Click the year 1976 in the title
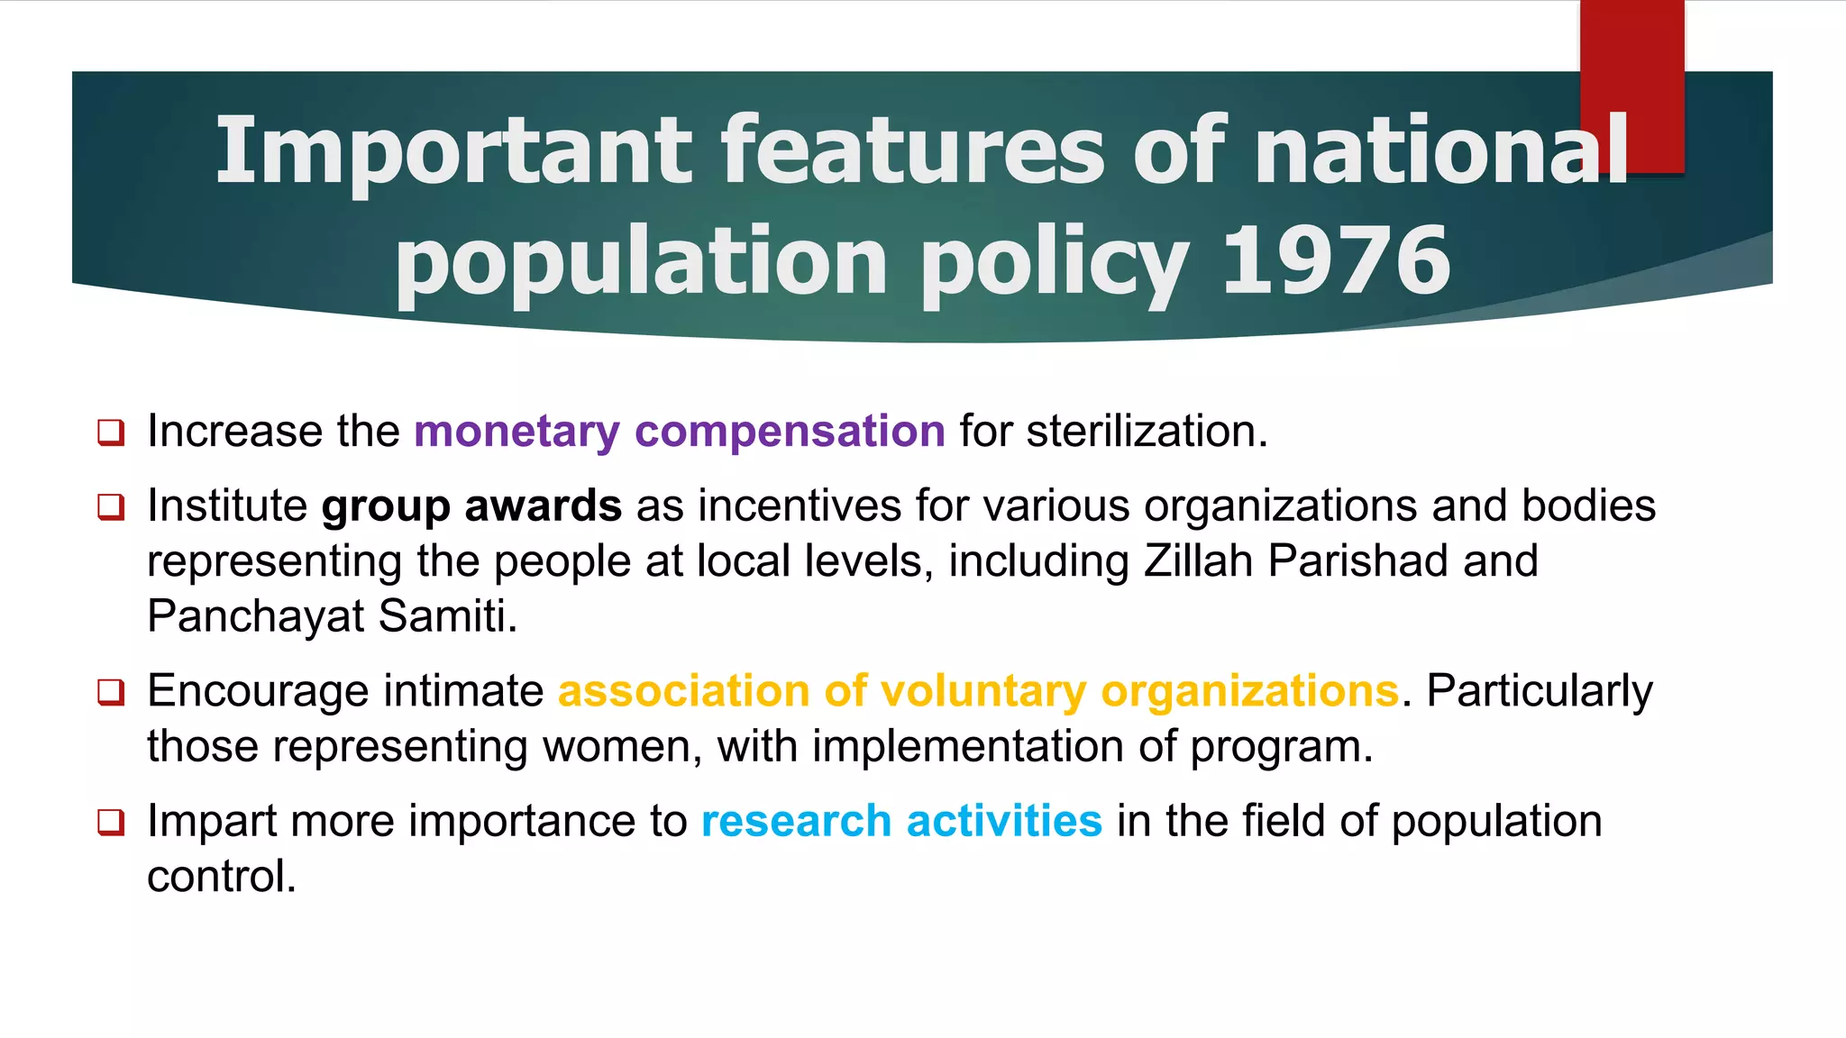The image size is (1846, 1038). tap(1335, 260)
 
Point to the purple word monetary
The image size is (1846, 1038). tap(516, 432)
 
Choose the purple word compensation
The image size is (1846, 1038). tap(790, 432)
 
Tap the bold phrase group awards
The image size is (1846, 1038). tap(471, 506)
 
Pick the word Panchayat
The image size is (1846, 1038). tap(256, 617)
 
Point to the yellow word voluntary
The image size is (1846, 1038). tap(983, 691)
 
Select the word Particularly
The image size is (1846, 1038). tap(1540, 692)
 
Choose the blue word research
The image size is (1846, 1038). tap(796, 821)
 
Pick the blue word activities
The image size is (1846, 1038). tap(1004, 821)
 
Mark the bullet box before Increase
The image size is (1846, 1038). tap(111, 432)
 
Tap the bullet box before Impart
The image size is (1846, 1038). tap(111, 823)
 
